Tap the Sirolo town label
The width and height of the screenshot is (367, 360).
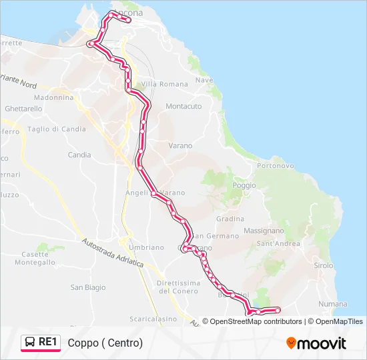324,265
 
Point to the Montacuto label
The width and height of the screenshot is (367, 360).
183,107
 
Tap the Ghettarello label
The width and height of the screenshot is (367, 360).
23,109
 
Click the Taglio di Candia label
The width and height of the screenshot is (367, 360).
57,129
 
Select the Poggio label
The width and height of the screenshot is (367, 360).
244,185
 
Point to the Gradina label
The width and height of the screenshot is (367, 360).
230,219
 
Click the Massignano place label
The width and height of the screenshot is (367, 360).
264,231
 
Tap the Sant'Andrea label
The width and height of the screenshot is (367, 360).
278,244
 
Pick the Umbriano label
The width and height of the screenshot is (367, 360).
146,247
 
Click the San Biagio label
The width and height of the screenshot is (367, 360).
88,288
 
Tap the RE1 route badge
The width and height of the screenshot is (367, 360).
41,343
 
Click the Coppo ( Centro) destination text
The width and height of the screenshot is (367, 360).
105,343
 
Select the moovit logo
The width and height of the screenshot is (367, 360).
316,343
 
